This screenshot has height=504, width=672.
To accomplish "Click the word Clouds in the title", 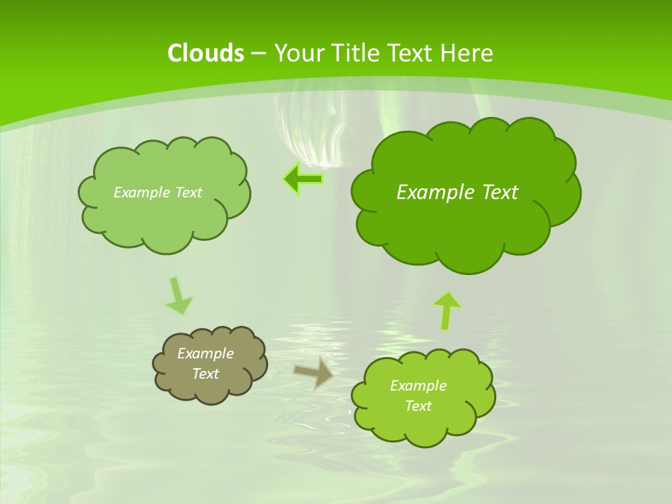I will tap(205, 53).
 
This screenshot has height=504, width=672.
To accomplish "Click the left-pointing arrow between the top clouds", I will tap(303, 179).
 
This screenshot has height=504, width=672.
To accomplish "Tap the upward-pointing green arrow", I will tap(447, 310).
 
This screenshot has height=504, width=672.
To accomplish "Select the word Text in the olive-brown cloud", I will tap(206, 374).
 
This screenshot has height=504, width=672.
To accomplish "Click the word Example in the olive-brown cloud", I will tap(206, 353).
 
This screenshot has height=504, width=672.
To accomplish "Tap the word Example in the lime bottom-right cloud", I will tap(418, 386).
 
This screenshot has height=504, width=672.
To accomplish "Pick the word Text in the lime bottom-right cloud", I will tap(418, 406).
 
